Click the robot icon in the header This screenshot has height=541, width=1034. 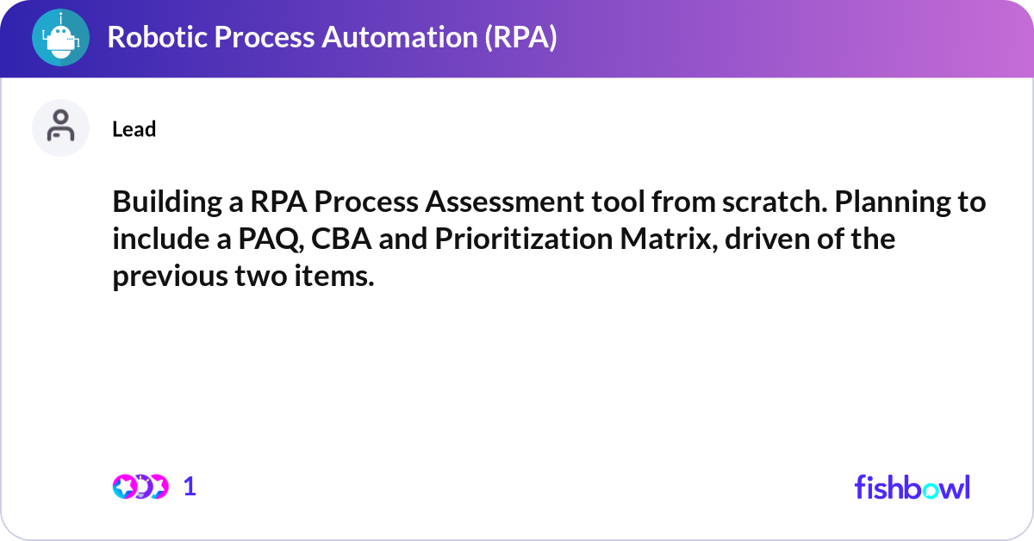click(60, 38)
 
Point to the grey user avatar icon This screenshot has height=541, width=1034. click(60, 127)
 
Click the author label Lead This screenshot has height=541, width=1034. click(134, 129)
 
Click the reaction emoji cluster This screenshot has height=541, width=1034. click(140, 487)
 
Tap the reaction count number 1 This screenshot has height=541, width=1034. click(190, 487)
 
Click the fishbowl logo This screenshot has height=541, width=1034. click(912, 487)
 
